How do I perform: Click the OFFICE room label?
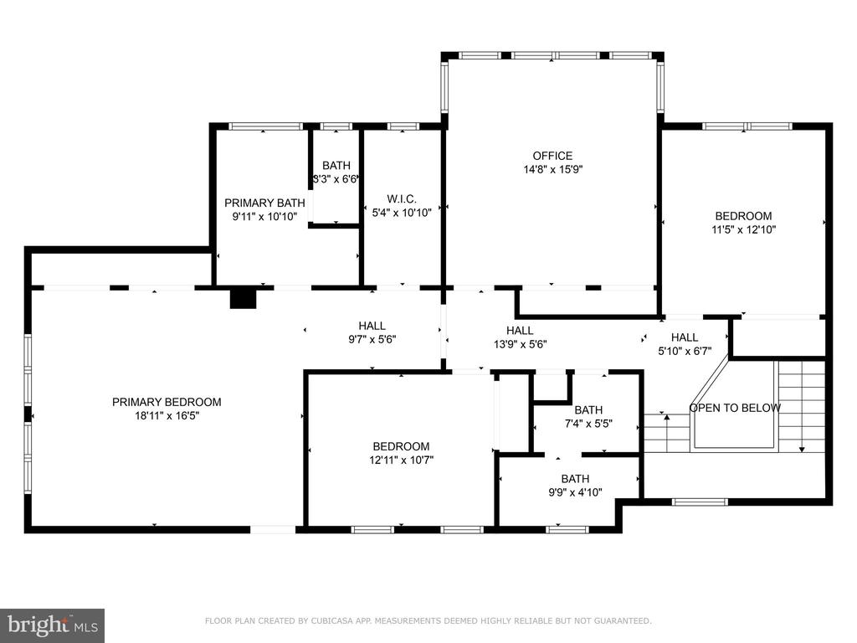point(552,156)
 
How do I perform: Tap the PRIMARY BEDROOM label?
point(167,402)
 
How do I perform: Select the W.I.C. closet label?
point(402,199)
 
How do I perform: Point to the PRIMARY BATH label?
point(264,203)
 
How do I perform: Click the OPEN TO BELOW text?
point(735,408)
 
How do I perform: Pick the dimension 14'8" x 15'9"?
point(552,169)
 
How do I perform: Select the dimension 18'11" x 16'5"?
point(167,415)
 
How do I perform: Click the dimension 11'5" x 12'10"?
point(743,229)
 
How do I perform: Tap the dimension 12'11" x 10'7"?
point(401,460)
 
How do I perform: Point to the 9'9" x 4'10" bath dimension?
point(575,492)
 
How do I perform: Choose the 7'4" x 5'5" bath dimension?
point(588,423)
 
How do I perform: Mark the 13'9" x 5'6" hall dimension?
point(520,344)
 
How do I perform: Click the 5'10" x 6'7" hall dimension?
point(685,351)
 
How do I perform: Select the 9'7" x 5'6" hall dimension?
point(372,340)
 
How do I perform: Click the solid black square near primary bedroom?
point(244,299)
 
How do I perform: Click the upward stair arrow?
point(667,433)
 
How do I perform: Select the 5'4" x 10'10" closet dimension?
point(402,213)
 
